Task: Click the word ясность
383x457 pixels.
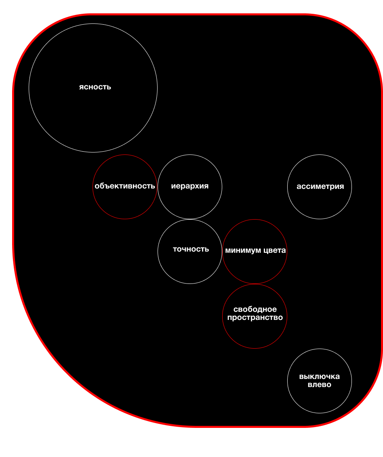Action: [95, 87]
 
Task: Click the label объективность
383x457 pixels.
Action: [124, 186]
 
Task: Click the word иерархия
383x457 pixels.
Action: [189, 186]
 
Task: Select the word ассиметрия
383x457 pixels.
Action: [320, 186]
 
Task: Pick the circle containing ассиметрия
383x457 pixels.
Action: [320, 204]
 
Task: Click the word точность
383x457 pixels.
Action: [191, 249]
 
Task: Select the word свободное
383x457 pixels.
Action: [255, 310]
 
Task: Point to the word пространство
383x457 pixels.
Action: [255, 317]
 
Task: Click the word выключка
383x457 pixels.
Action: [319, 377]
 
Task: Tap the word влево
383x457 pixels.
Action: [319, 385]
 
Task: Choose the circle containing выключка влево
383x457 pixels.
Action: [319, 400]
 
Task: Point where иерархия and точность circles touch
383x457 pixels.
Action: [190, 219]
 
